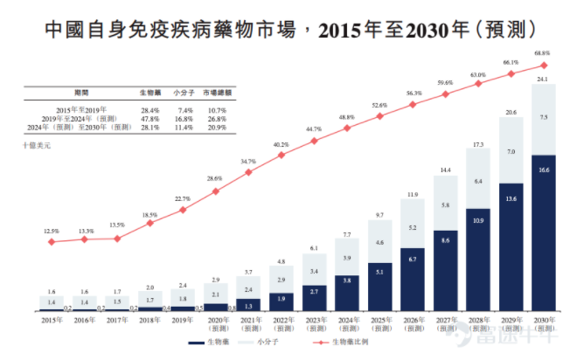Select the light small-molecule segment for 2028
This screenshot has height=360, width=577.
pyautogui.click(x=477, y=182)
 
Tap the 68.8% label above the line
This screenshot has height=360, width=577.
pyautogui.click(x=543, y=54)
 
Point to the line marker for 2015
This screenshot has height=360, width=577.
pyautogui.click(x=52, y=240)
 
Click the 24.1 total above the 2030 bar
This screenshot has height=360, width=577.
pyautogui.click(x=543, y=80)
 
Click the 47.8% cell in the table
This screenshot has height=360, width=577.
pyautogui.click(x=149, y=118)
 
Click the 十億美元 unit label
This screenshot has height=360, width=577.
pyautogui.click(x=37, y=145)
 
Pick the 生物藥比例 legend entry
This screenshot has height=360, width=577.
pyautogui.click(x=352, y=344)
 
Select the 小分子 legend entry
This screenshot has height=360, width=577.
pyautogui.click(x=273, y=344)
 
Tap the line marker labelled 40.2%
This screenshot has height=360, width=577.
pyautogui.click(x=281, y=156)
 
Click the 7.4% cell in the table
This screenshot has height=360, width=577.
pyautogui.click(x=184, y=109)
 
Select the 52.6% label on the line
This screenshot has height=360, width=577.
pyautogui.click(x=379, y=106)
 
